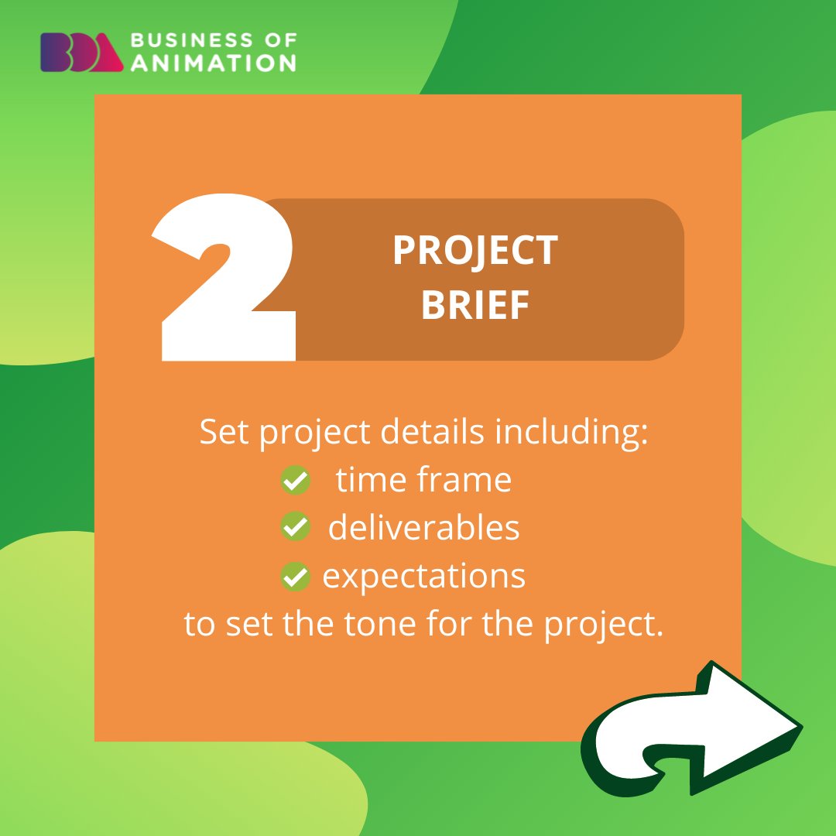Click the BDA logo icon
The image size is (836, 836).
coord(81,52)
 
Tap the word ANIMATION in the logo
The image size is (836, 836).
coord(213,62)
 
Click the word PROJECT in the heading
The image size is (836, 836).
coord(475,250)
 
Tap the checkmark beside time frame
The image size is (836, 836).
coord(294,481)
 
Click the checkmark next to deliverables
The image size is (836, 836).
coord(294,528)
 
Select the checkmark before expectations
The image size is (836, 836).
coord(294,577)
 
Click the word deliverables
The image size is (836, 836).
coord(423,528)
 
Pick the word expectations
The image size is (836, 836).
coord(423,577)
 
